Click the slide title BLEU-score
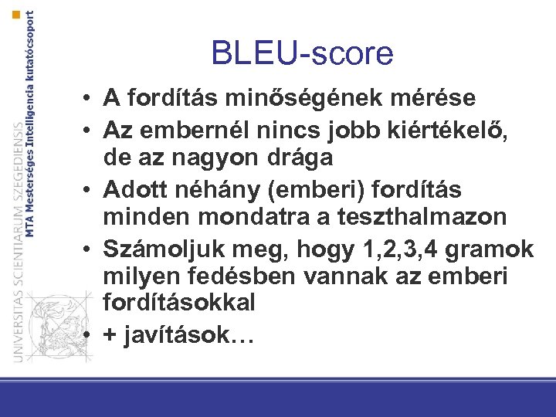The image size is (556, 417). point(302,53)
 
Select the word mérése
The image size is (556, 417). point(438,98)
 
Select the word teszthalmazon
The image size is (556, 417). point(422,217)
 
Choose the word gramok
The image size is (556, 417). point(497,247)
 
